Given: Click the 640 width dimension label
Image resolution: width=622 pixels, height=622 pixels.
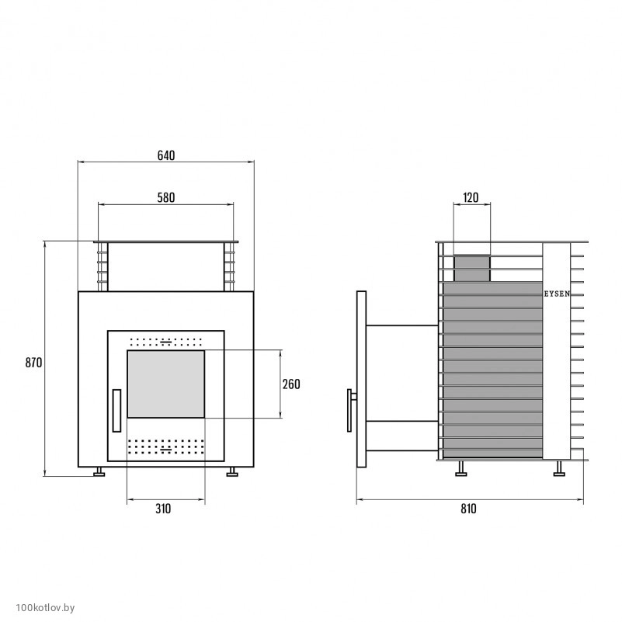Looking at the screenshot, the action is (x=166, y=155).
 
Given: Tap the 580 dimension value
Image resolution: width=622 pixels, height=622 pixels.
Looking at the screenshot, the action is (x=166, y=197).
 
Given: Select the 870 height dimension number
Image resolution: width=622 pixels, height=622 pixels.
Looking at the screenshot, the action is (x=33, y=363).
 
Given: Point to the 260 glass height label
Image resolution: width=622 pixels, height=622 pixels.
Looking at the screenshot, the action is (x=291, y=384).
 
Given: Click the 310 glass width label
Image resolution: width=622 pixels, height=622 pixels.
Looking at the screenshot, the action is (x=163, y=509).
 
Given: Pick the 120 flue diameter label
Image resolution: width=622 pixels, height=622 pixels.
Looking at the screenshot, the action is (x=471, y=197).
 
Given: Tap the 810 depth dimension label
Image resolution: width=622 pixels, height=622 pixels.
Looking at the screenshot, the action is (x=468, y=509).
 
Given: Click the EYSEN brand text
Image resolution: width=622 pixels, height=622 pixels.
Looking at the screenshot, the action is (x=557, y=294).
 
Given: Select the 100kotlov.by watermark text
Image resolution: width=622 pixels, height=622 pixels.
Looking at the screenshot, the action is (x=45, y=608).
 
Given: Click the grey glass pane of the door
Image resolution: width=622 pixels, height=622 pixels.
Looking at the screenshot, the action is (x=166, y=384).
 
